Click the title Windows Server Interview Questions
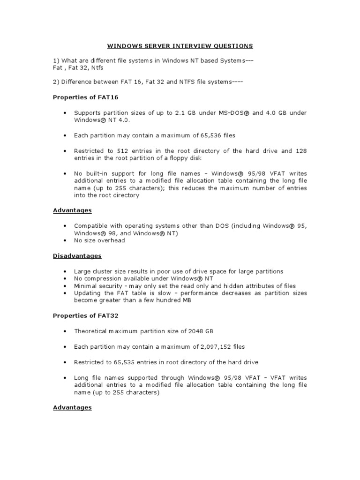tap(180, 46)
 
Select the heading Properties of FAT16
tap(80, 97)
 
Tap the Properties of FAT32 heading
tap(80, 316)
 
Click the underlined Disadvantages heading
tap(77, 256)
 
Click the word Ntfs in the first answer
tap(97, 67)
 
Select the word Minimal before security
tap(85, 286)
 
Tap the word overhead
tap(112, 240)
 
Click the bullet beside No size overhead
tap(64, 240)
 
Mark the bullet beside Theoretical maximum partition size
tap(64, 331)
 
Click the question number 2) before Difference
tap(56, 82)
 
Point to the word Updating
tap(87, 293)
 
